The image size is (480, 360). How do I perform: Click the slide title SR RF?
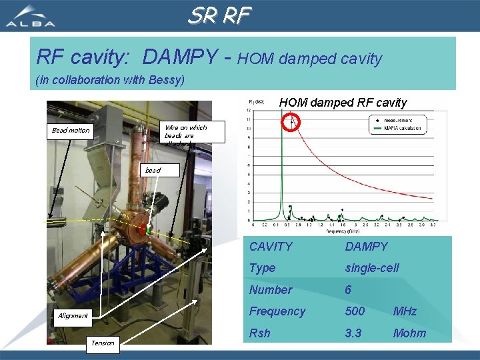point(219,15)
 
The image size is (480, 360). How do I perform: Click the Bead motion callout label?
point(71,130)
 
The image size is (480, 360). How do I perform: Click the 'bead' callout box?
point(153,171)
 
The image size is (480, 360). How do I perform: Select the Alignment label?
point(72,315)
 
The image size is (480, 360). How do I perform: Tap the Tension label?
point(102,343)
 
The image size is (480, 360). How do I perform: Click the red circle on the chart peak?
point(291,122)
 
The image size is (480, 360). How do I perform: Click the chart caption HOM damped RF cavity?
point(343,103)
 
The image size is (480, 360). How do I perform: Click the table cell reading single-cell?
point(371,268)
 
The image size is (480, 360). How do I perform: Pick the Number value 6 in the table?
point(348,290)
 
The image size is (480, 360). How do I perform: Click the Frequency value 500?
point(355,311)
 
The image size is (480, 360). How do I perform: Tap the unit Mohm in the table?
point(409,333)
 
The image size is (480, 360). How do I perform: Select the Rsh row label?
point(260,333)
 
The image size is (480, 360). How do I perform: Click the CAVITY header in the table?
point(271,247)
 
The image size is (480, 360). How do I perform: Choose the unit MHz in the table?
point(405,311)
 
